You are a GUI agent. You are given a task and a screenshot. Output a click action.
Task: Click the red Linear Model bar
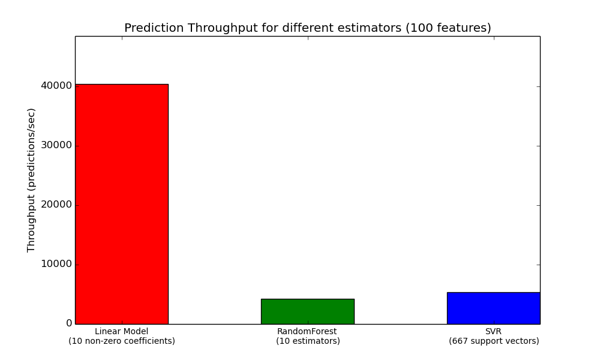[122, 204]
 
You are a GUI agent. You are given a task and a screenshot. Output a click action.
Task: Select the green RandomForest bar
[308, 311]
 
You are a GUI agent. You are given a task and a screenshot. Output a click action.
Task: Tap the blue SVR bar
[494, 308]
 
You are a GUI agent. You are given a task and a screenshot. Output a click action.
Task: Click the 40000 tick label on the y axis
[56, 86]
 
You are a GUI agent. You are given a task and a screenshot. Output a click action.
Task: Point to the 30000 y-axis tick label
[56, 145]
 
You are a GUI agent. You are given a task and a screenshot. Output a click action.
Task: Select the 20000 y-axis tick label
[56, 205]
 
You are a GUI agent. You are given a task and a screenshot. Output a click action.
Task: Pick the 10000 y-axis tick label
[56, 264]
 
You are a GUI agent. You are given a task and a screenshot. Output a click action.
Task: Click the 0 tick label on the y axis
[69, 323]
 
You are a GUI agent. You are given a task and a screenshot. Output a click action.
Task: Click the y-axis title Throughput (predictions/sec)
[31, 180]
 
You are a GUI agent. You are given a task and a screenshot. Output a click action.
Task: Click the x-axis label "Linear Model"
[121, 331]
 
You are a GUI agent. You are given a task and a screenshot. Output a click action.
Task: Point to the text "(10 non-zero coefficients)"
[122, 341]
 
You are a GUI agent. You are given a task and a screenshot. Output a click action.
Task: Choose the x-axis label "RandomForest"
[307, 331]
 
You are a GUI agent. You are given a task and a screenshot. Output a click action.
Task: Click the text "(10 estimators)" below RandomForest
[308, 341]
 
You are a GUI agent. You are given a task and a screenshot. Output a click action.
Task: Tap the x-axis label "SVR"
[493, 331]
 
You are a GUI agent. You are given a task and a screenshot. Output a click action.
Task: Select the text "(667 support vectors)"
[494, 341]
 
